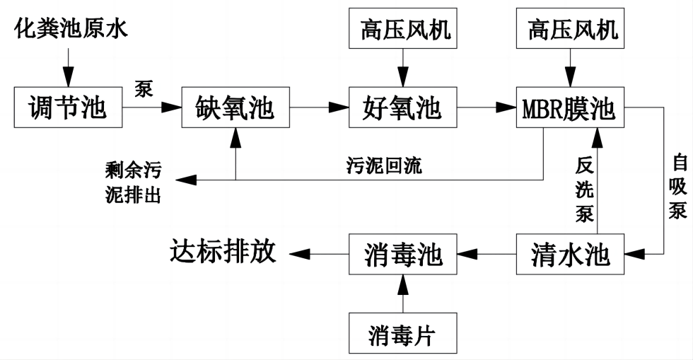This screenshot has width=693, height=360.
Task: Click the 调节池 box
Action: click(x=68, y=108)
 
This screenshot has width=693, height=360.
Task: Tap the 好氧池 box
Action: click(x=402, y=108)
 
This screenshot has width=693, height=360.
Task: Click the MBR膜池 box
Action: click(x=570, y=108)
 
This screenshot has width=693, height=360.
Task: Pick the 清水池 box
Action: click(x=570, y=253)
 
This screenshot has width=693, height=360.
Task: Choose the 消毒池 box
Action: click(x=402, y=253)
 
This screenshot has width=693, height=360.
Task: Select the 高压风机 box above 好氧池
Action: click(x=402, y=30)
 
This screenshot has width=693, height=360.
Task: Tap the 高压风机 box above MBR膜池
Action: click(x=570, y=30)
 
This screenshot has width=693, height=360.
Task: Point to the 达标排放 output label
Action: click(x=222, y=252)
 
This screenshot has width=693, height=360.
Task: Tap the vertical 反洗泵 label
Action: click(x=584, y=190)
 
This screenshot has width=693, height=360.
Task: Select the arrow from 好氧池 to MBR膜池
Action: click(x=485, y=108)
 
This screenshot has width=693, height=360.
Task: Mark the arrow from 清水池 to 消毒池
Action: click(x=487, y=253)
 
